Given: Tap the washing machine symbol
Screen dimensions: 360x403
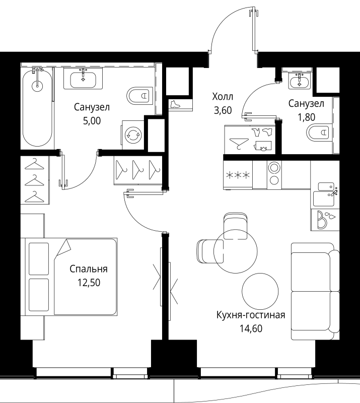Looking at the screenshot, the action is click(133, 135).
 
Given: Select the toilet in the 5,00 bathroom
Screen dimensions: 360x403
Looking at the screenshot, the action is click(140, 96).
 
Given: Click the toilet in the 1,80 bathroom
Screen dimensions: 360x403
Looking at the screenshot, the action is click(319, 132).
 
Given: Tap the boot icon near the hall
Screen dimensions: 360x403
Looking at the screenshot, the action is click(176, 104).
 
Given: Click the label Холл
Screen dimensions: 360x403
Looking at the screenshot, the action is click(223, 97).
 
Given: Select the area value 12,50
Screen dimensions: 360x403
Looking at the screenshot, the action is click(89, 283).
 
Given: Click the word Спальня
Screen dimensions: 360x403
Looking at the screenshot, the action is click(89, 269).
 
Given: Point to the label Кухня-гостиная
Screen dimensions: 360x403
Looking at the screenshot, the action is click(251, 315).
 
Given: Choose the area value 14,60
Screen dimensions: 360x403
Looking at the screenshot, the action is click(251, 328).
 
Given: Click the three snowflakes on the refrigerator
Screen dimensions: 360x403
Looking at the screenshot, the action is click(238, 175).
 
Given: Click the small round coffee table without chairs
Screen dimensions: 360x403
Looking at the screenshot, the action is click(260, 291).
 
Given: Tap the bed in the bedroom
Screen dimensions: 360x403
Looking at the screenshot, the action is click(71, 277).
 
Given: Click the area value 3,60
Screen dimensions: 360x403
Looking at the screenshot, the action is click(223, 110).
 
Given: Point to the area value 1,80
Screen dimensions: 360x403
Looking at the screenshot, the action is click(306, 117).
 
